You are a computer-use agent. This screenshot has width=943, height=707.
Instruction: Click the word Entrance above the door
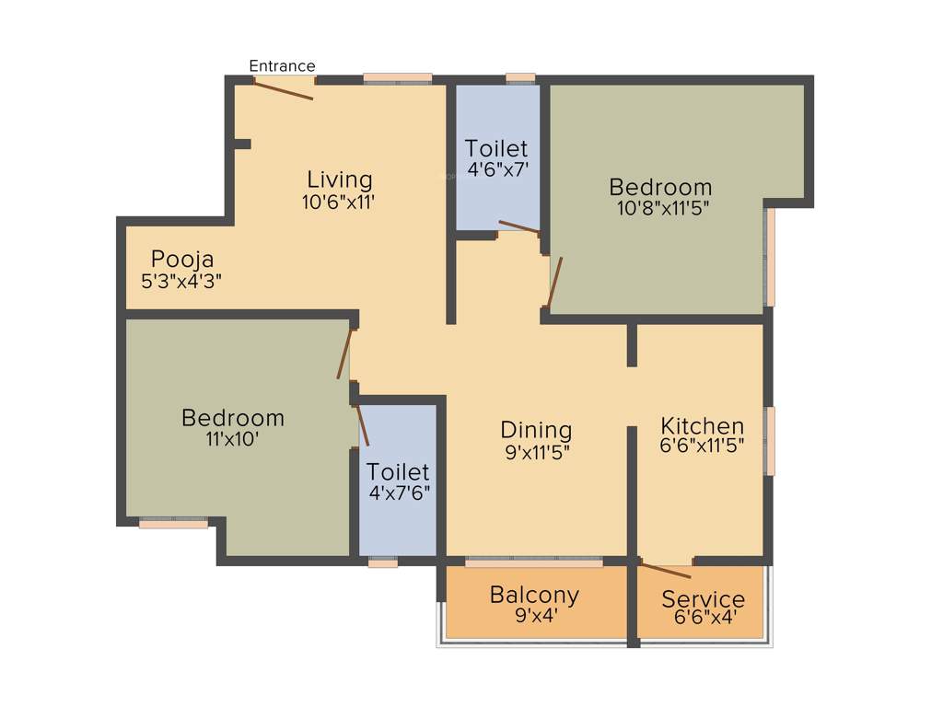coord(283,66)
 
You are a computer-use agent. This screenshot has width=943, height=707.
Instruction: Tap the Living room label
coord(340,180)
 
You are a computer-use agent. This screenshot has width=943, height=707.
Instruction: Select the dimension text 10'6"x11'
coord(340,203)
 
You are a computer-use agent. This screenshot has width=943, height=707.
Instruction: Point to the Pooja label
coord(182,259)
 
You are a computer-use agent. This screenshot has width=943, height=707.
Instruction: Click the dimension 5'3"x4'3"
coord(182,282)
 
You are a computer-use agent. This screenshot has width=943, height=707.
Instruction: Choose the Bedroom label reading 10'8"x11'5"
coord(660,188)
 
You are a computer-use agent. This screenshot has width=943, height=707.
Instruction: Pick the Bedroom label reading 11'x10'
coord(233,418)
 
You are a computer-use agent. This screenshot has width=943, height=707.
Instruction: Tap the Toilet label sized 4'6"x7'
coord(496,148)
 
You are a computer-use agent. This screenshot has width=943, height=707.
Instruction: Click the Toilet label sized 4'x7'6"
coord(398,472)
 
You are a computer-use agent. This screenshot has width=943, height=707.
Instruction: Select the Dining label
coord(536,430)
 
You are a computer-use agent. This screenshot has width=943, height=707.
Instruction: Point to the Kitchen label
coord(703,426)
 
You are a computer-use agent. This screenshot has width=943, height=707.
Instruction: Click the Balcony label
coord(534,595)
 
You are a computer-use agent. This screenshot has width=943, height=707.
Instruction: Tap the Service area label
coord(703,600)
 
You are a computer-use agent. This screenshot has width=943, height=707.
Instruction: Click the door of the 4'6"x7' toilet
coord(519,227)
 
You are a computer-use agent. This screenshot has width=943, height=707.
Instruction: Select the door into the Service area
coord(665,570)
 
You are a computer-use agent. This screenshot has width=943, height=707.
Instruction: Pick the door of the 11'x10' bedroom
coord(344,354)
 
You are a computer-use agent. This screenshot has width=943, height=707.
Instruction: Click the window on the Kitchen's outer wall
coord(769,441)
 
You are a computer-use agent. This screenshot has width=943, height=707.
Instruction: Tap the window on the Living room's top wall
coord(397,79)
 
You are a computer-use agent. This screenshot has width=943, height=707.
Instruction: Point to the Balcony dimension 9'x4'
coord(534,618)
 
